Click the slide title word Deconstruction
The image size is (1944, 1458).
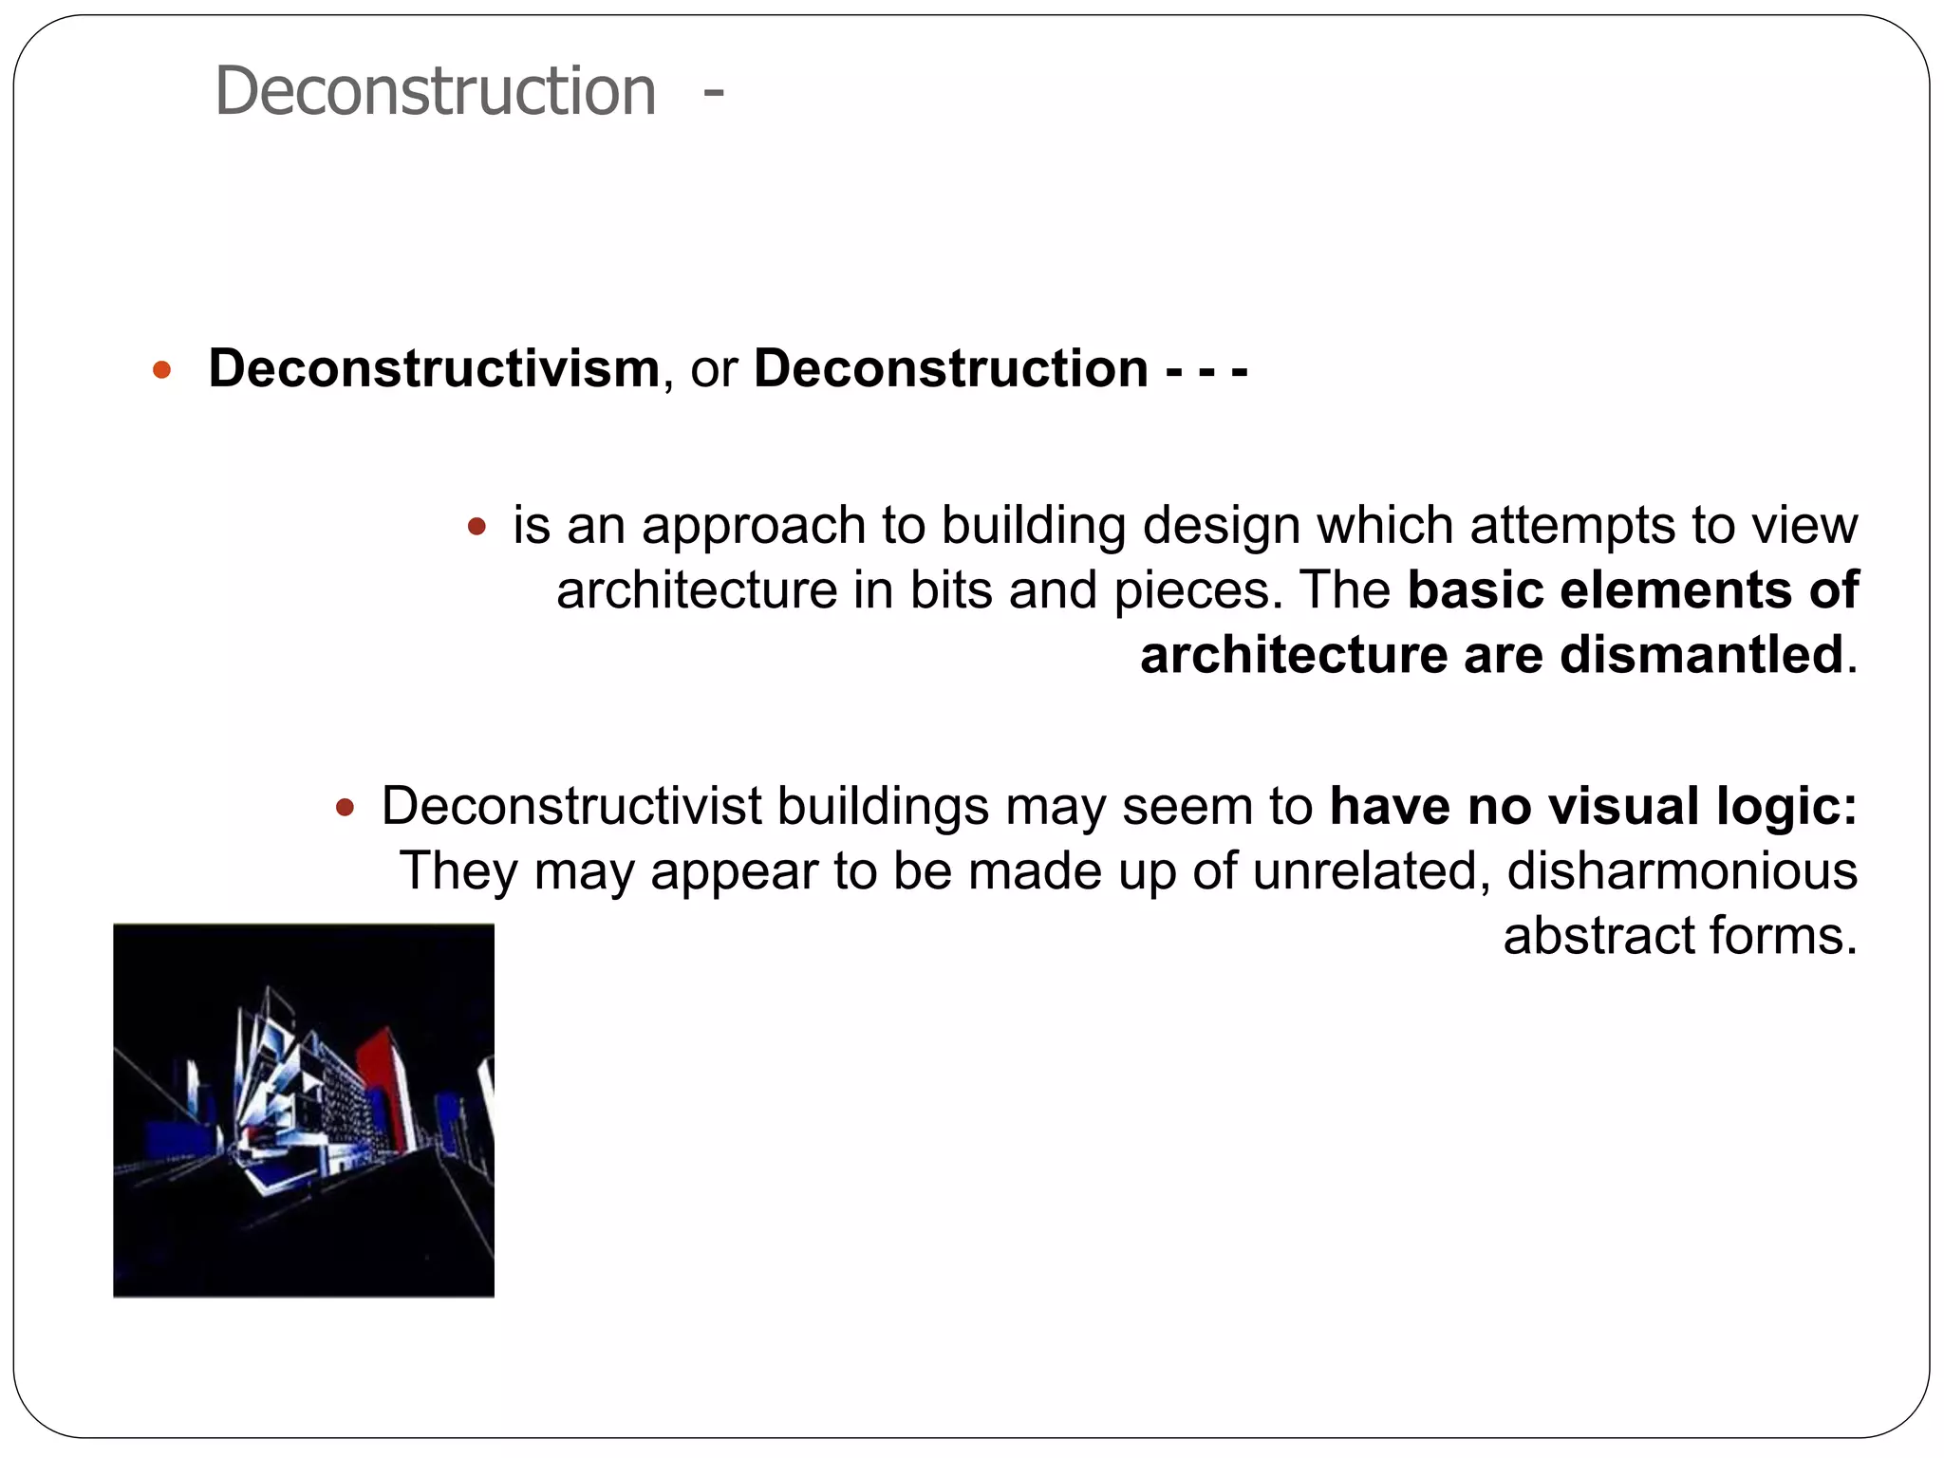click(435, 91)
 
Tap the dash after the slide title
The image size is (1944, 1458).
click(714, 93)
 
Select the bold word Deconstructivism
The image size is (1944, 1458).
click(434, 368)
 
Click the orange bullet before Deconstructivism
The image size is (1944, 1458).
click(162, 369)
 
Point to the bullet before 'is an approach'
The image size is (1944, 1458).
click(477, 526)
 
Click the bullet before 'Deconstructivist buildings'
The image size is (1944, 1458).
click(346, 808)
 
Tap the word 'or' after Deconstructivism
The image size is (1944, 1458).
click(714, 368)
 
